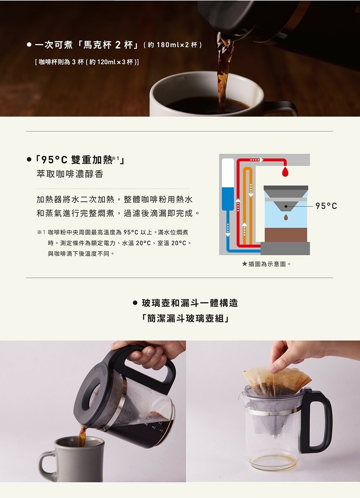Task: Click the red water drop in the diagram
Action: point(285,172)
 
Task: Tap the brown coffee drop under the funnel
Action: point(286,217)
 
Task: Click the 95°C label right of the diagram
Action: point(326,206)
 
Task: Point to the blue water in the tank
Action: point(228,199)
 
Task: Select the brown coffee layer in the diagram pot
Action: point(286,235)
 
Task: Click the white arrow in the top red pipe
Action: point(257,160)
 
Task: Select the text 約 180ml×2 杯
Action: point(173,45)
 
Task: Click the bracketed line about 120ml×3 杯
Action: point(87,62)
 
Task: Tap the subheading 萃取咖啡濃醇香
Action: point(70,174)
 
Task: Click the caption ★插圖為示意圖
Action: point(266,264)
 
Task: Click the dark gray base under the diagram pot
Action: point(285,248)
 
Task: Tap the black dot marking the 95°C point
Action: point(286,207)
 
